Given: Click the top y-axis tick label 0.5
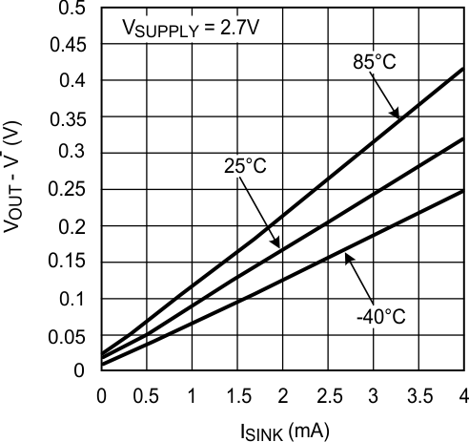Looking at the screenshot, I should [x=77, y=9].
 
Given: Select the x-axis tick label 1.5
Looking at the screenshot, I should [x=236, y=392].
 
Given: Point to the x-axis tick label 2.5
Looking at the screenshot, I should [x=327, y=392].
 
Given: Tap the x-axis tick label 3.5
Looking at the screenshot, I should [x=418, y=392].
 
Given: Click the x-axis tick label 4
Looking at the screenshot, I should [x=464, y=392].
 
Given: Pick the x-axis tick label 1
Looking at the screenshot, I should [x=192, y=392].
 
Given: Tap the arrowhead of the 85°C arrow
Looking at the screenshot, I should [x=398, y=118].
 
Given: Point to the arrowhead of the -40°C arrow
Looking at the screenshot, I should [x=344, y=253].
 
